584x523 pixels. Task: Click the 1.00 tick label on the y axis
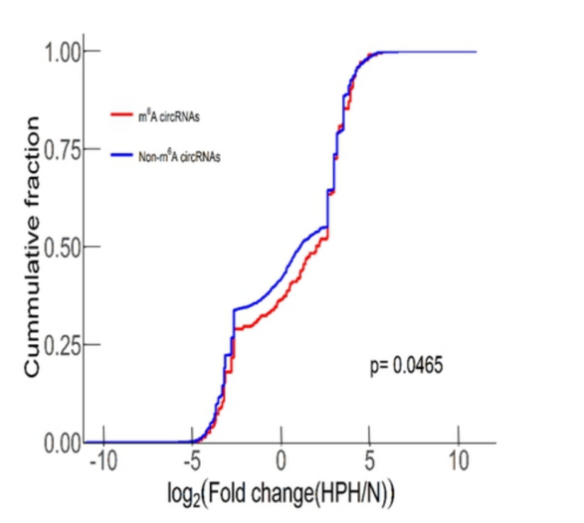pyautogui.click(x=63, y=51)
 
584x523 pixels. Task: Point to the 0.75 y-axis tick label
pyautogui.click(x=63, y=149)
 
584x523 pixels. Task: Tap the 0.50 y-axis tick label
pyautogui.click(x=63, y=247)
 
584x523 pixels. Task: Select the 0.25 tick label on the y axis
pyautogui.click(x=63, y=345)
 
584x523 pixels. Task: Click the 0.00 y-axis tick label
pyautogui.click(x=63, y=443)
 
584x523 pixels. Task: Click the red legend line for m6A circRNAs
pyautogui.click(x=122, y=114)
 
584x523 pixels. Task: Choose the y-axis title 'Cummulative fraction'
pyautogui.click(x=31, y=246)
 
